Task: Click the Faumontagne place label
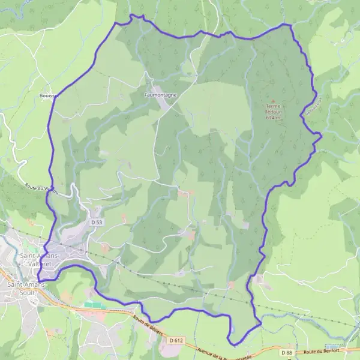tap(161, 95)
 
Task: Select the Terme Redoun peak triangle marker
tap(274, 101)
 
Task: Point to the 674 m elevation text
tap(274, 118)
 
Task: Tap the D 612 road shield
tap(176, 340)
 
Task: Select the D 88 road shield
tap(289, 352)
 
